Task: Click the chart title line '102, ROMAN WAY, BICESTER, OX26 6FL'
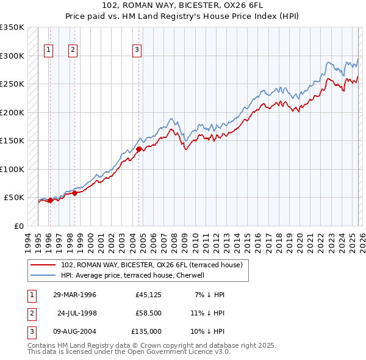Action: tap(183, 5)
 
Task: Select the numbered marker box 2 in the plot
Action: tap(73, 50)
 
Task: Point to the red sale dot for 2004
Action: tap(139, 148)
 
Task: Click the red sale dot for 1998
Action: tap(75, 193)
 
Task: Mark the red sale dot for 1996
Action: tap(50, 200)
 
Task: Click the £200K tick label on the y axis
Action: tap(12, 113)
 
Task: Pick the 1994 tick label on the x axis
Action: tap(27, 240)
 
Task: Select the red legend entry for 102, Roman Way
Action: tap(152, 265)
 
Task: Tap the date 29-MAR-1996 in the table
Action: tap(74, 295)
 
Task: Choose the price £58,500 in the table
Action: tap(148, 313)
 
